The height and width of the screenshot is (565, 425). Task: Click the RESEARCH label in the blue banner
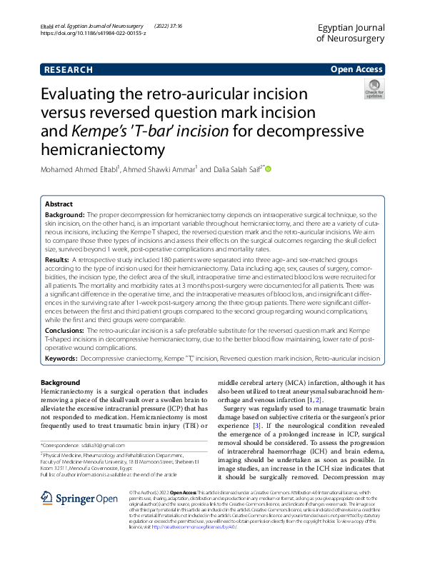coord(69,70)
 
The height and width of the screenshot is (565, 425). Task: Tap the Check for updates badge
coord(373,89)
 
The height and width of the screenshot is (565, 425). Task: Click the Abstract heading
coord(59,204)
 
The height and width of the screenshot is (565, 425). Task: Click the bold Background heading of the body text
coord(61,383)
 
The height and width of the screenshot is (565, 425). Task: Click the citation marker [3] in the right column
coord(282,425)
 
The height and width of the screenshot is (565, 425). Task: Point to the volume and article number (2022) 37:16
coord(182,25)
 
